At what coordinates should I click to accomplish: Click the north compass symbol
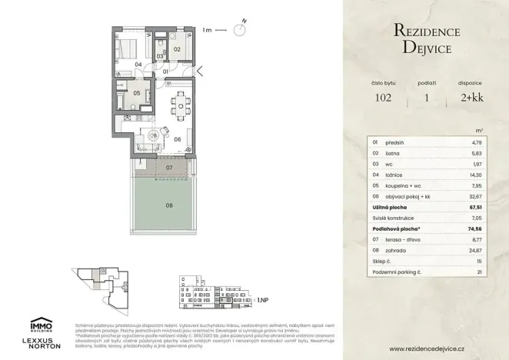[x=241, y=30]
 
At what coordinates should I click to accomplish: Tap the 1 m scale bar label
[x=206, y=31]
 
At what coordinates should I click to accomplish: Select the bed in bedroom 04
[x=129, y=45]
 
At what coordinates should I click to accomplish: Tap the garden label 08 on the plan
[x=169, y=205]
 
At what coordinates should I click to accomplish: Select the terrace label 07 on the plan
[x=170, y=167]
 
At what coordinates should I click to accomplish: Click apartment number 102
[x=383, y=98]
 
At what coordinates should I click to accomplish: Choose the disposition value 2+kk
[x=470, y=98]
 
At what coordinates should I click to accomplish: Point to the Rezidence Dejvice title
[x=426, y=39]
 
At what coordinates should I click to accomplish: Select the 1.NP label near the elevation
[x=262, y=300]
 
